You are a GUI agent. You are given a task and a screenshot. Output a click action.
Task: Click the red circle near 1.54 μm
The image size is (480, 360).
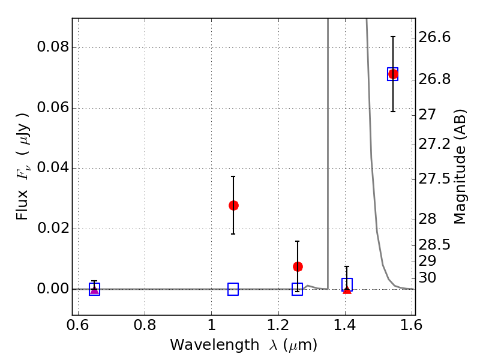[x=393, y=74]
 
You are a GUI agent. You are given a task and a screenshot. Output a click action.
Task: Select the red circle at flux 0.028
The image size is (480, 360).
[x=233, y=205]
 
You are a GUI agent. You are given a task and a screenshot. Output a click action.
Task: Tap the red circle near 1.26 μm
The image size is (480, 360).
[x=298, y=266]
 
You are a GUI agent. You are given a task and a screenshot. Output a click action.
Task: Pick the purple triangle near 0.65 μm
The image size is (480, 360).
[x=94, y=289]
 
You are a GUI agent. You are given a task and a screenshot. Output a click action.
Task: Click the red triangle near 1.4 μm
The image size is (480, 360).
[x=347, y=290]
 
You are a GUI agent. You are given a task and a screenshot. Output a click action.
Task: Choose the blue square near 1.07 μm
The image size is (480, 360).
[x=233, y=289]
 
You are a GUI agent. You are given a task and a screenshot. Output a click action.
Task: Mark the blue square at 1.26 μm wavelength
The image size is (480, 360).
[x=297, y=289]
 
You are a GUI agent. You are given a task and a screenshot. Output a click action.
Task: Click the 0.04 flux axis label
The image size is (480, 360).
[x=53, y=168]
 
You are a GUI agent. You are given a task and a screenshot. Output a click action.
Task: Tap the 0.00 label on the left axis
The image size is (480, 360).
[x=53, y=289]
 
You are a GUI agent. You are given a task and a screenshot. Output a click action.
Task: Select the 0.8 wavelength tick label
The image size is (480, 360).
[x=145, y=325]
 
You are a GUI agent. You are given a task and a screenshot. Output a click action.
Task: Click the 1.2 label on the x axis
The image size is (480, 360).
[x=278, y=325]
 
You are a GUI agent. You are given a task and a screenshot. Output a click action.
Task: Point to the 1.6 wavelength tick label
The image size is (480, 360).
[x=412, y=325]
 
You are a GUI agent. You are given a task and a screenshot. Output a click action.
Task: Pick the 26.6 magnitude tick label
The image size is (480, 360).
[x=434, y=37]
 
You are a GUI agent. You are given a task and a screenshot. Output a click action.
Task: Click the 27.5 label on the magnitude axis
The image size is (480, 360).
[x=434, y=179]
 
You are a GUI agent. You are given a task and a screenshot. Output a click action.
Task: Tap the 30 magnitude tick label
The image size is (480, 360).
[x=427, y=278]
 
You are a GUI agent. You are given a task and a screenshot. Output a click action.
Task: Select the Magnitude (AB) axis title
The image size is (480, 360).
[x=460, y=167]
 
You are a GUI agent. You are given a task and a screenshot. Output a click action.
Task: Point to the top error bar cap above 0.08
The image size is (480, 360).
[x=393, y=37]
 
